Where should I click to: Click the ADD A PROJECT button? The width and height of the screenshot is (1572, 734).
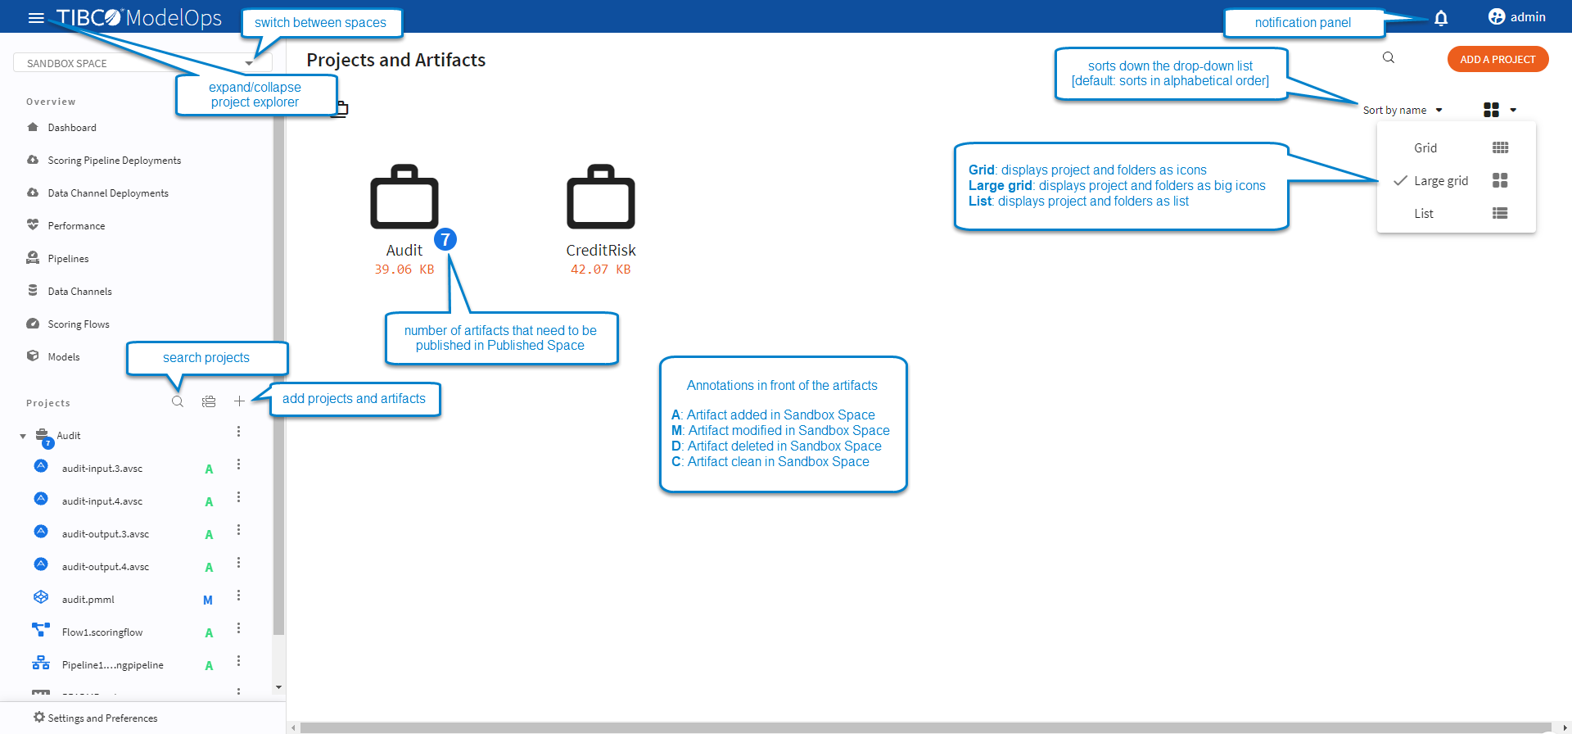pyautogui.click(x=1497, y=59)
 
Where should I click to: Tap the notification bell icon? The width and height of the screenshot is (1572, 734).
pyautogui.click(x=1441, y=18)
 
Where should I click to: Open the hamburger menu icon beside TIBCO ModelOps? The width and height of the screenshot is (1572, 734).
pyautogui.click(x=36, y=17)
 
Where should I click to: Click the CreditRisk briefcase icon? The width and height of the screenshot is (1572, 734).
pyautogui.click(x=600, y=197)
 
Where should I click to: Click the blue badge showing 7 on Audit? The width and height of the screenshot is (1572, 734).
pyautogui.click(x=445, y=239)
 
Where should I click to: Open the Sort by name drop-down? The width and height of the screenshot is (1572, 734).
pyautogui.click(x=1402, y=111)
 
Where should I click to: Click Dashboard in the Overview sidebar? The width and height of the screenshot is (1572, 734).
pyautogui.click(x=72, y=128)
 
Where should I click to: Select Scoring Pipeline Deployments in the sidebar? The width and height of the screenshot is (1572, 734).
pyautogui.click(x=114, y=161)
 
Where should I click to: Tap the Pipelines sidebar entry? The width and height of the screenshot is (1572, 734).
pyautogui.click(x=68, y=259)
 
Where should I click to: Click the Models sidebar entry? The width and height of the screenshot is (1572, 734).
pyautogui.click(x=64, y=357)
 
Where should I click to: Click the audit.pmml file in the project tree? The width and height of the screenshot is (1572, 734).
pyautogui.click(x=88, y=600)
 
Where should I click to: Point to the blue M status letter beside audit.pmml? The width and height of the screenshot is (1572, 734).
pyautogui.click(x=208, y=600)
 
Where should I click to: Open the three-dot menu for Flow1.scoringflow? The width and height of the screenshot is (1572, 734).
pyautogui.click(x=238, y=628)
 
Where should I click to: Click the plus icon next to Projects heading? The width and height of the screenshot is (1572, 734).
pyautogui.click(x=239, y=401)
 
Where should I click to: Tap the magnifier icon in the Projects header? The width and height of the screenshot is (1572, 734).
pyautogui.click(x=178, y=401)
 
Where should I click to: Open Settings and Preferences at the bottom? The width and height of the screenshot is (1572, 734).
pyautogui.click(x=102, y=718)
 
